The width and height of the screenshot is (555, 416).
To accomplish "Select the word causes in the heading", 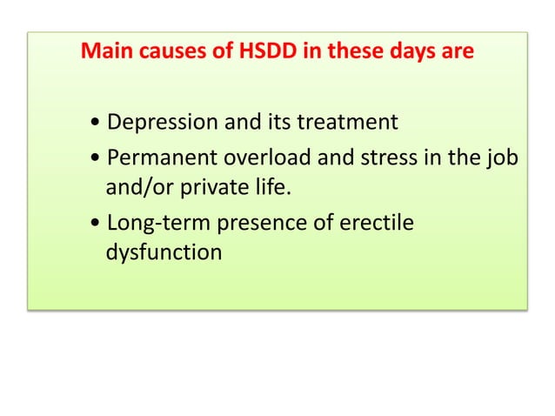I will coord(175,51).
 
